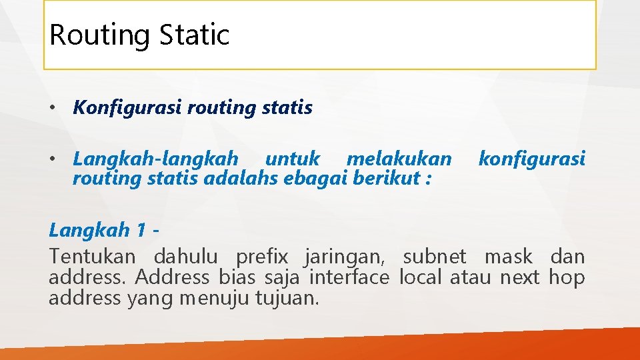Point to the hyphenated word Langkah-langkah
click(x=155, y=160)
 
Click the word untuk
click(x=292, y=159)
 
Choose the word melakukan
click(x=399, y=159)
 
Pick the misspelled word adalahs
click(x=254, y=179)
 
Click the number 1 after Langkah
click(x=140, y=231)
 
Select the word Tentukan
click(x=92, y=257)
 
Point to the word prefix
click(x=262, y=257)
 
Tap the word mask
click(x=508, y=257)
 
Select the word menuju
click(x=215, y=298)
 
